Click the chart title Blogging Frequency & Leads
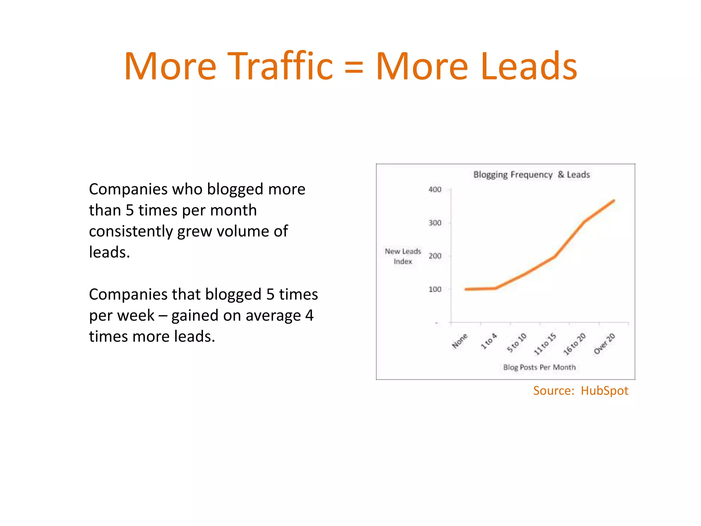(x=531, y=175)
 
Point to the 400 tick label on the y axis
(x=435, y=189)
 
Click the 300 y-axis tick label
(x=435, y=223)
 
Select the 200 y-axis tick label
(x=435, y=256)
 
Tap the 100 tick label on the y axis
(x=435, y=289)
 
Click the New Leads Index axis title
(x=403, y=256)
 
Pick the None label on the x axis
(x=460, y=341)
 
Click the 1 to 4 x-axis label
(x=489, y=341)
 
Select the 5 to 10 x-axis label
(x=517, y=343)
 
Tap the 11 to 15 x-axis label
(x=545, y=344)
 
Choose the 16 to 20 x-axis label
(x=575, y=344)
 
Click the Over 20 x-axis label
(x=604, y=344)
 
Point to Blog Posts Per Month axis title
(x=539, y=367)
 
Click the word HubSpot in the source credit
(x=604, y=391)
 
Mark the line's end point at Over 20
(x=614, y=201)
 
